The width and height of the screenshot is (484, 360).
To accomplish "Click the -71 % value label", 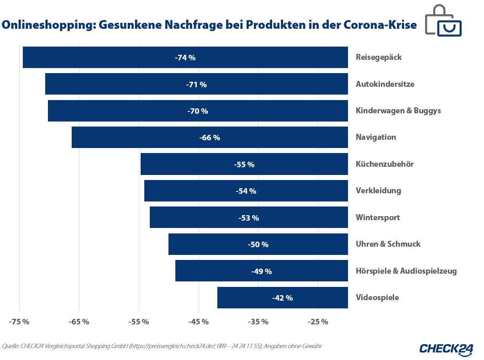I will [196, 85].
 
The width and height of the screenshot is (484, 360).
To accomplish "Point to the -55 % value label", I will [244, 164].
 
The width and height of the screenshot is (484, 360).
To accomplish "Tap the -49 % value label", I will [261, 271].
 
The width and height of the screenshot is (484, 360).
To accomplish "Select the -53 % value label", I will [248, 218].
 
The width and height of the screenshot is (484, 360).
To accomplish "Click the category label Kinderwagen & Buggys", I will [398, 111].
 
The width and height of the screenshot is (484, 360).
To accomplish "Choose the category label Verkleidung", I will [378, 191].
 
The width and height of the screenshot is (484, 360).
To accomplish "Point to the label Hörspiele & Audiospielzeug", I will [406, 271].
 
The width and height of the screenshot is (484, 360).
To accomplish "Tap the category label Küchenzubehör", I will [384, 164].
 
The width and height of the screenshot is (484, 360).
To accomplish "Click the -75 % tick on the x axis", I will [19, 322].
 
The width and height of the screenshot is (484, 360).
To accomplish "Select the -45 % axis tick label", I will [199, 322].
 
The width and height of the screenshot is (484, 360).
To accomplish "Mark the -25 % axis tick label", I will [318, 322].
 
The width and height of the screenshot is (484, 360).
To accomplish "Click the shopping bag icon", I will [443, 21].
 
